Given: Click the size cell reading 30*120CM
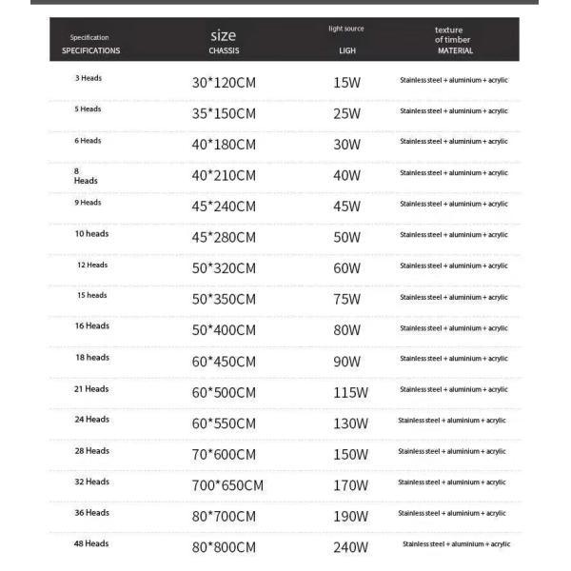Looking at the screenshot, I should (x=224, y=83).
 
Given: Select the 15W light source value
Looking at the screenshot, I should (x=346, y=83).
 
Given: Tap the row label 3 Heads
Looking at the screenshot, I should (x=89, y=78).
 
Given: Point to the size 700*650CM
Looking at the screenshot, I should (x=227, y=485).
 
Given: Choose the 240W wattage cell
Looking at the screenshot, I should (x=350, y=547).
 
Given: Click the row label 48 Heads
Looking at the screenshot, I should (x=91, y=543).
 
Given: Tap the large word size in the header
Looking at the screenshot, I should (x=223, y=35).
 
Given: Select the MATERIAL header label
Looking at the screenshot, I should (x=455, y=51).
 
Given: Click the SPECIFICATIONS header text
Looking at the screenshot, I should (x=91, y=50).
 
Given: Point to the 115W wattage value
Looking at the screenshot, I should (x=349, y=392).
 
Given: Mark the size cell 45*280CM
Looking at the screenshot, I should (x=224, y=238).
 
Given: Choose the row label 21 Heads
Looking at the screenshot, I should (x=91, y=388).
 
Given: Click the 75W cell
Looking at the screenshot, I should (x=346, y=300).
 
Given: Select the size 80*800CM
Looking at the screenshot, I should (x=224, y=547).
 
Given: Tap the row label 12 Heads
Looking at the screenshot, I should (x=92, y=265).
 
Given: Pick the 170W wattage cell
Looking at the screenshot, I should (x=349, y=485).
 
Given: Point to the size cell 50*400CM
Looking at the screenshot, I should (x=224, y=330).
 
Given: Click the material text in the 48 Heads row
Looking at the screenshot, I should (x=456, y=544).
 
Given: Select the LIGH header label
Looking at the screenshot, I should (x=346, y=51).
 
